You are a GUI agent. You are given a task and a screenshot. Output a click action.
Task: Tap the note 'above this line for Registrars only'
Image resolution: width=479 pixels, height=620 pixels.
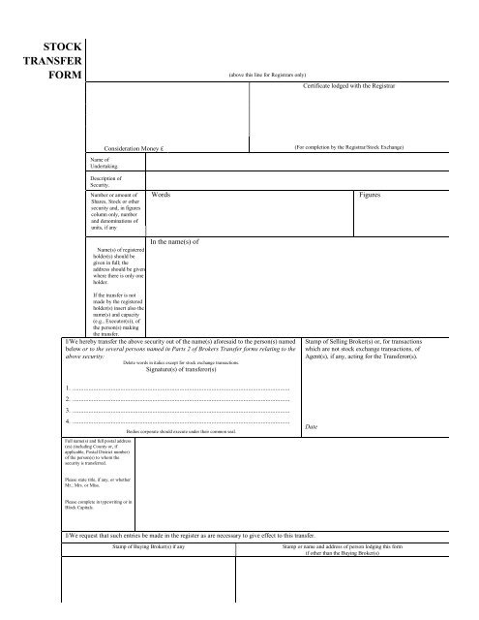(x=268, y=75)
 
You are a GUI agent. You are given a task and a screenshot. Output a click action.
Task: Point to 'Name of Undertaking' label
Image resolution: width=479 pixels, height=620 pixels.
(x=103, y=162)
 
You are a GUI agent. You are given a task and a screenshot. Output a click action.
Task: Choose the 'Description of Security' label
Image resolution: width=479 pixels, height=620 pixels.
(x=105, y=181)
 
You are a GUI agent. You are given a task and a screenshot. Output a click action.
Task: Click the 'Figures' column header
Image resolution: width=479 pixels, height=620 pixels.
(x=373, y=195)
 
